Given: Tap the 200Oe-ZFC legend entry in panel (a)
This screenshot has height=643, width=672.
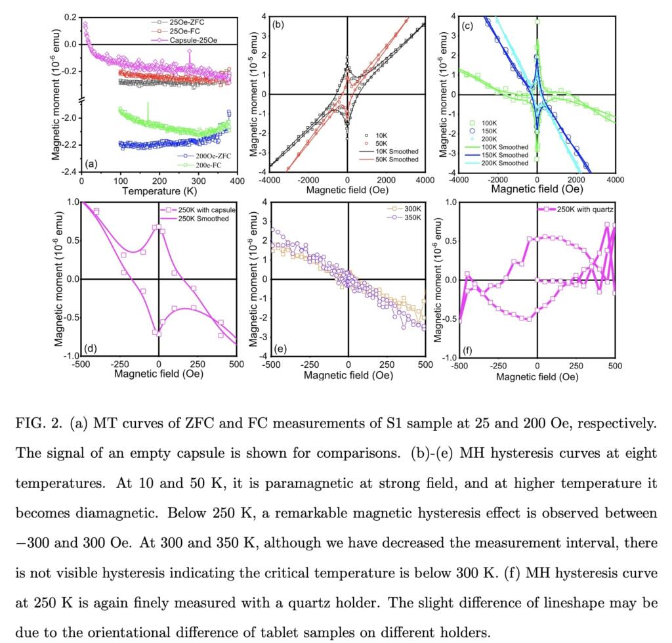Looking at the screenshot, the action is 204,156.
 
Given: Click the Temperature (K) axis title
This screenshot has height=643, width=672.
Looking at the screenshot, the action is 159,191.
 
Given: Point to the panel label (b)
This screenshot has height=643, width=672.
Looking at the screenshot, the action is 278,24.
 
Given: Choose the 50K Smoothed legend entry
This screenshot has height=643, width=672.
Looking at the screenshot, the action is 388,159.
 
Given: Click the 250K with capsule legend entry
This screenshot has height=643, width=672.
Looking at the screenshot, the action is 198,210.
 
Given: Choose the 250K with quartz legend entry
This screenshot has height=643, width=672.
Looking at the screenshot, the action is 576,210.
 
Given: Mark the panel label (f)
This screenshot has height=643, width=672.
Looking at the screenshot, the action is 467,351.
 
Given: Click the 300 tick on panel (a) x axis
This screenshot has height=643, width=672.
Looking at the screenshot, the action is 198,181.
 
